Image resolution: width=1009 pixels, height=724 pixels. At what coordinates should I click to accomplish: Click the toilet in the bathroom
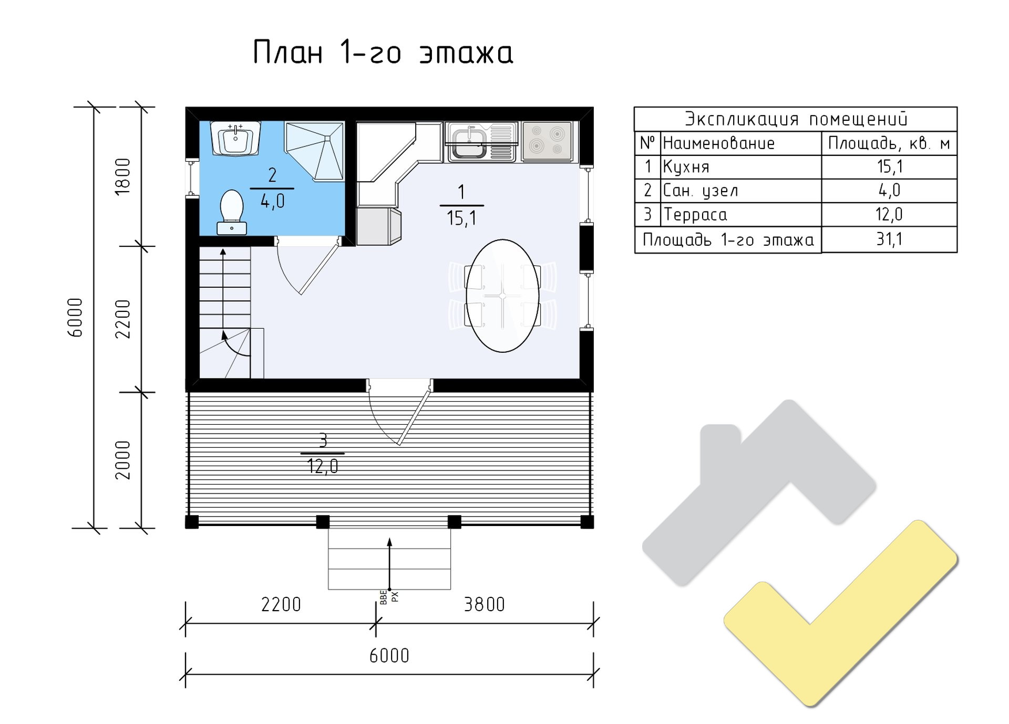coord(232,212)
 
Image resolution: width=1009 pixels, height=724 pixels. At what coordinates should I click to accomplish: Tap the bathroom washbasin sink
coord(235,139)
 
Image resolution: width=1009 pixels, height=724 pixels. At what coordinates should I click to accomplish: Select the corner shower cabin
coord(314,151)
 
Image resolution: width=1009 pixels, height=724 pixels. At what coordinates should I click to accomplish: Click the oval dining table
coord(503,296)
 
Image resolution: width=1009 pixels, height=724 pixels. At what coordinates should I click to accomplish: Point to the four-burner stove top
coord(547,141)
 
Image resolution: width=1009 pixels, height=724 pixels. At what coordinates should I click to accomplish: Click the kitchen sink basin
coord(468,143)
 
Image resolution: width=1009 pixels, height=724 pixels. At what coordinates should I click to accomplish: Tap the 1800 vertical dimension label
coord(122,176)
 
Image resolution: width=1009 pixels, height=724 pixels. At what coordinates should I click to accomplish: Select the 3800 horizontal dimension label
coord(484,605)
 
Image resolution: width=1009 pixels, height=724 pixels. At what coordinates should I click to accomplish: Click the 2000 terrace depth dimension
coord(122,460)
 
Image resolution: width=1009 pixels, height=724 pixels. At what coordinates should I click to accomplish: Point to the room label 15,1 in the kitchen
coord(461,217)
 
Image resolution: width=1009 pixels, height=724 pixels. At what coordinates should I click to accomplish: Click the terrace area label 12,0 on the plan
coord(323,466)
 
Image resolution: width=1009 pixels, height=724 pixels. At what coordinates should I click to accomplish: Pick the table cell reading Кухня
coord(686,167)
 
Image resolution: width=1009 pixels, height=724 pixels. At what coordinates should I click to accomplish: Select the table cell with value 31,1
coord(889,239)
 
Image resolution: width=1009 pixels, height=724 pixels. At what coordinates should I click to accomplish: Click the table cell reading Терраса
coord(695,215)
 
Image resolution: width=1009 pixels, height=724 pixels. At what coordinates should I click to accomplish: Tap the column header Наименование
coord(718,143)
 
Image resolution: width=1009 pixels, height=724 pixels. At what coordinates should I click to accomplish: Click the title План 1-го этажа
coord(383,53)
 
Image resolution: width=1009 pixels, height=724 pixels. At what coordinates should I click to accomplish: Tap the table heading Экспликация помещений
coord(796,119)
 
